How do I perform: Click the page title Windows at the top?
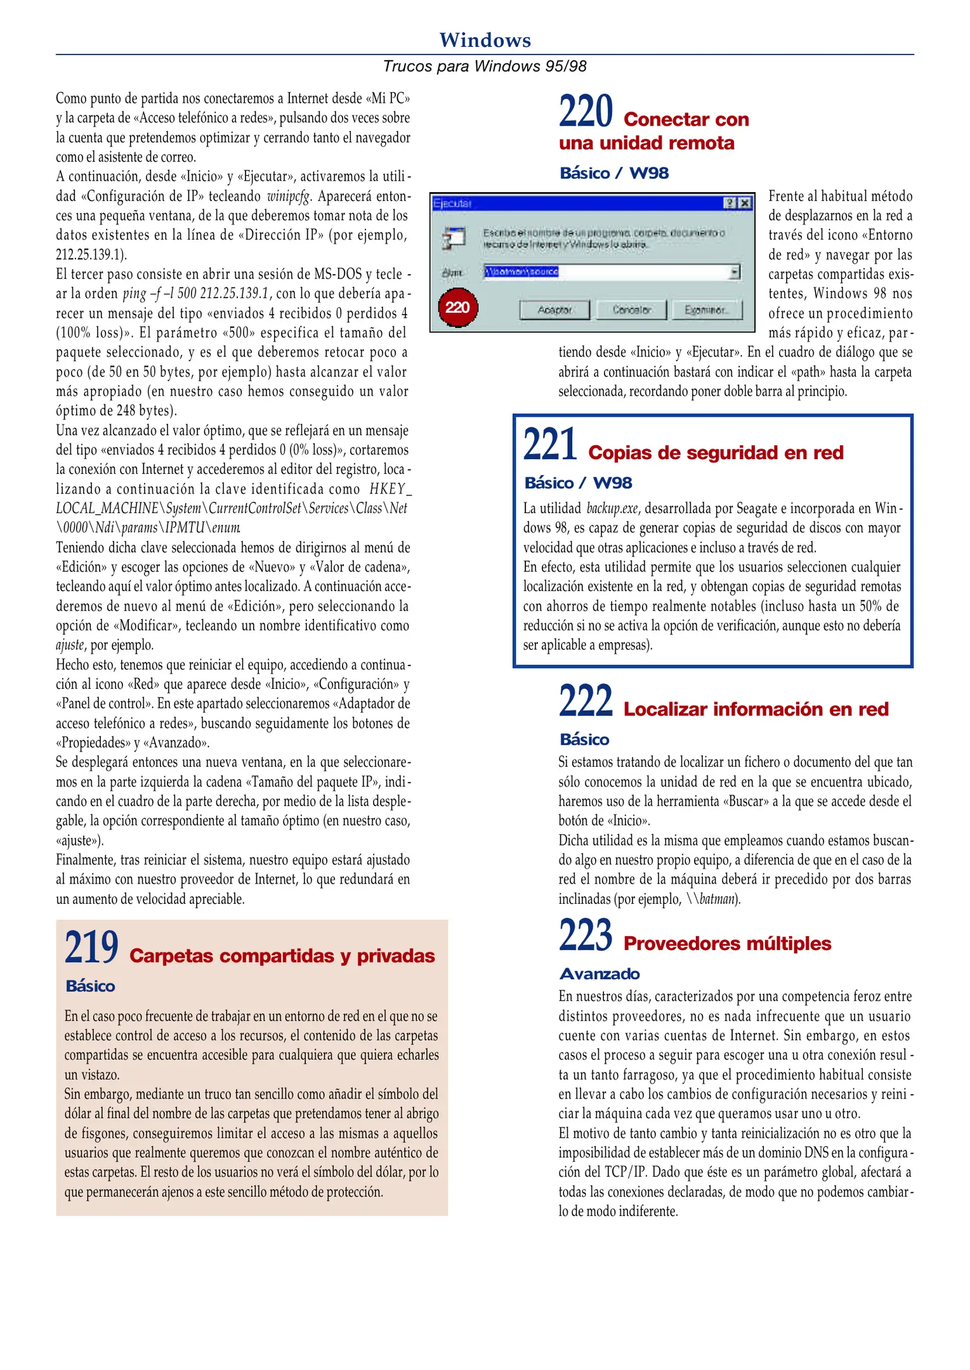pos(485,40)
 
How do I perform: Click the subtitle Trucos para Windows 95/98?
pos(485,66)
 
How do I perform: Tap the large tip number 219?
pos(91,948)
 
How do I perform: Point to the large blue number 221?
pos(550,445)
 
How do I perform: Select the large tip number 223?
pos(586,936)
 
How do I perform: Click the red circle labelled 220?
pos(457,308)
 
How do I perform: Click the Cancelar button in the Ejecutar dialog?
pos(631,310)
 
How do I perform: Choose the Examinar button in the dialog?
pos(707,310)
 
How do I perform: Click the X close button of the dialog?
pos(745,203)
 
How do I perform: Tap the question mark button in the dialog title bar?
pos(730,203)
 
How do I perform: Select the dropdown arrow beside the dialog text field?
pos(735,272)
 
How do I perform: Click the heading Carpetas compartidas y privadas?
pos(282,956)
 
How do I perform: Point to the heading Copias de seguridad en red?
pos(716,453)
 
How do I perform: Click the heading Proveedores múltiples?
pos(727,944)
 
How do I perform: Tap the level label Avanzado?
pos(600,974)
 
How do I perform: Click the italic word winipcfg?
pos(289,196)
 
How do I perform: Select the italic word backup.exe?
pos(613,508)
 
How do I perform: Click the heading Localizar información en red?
pos(756,709)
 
